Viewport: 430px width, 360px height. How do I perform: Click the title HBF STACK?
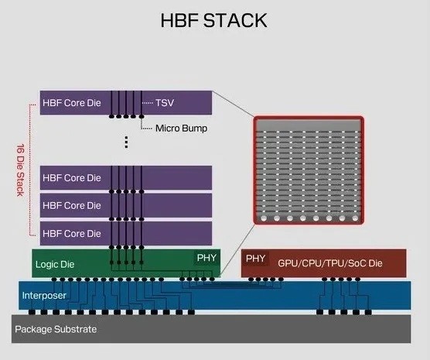[x=214, y=19]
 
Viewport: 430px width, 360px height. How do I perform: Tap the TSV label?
[x=166, y=102]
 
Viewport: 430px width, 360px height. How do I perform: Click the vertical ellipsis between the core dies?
[x=126, y=142]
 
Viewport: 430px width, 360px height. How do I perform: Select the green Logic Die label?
[x=53, y=264]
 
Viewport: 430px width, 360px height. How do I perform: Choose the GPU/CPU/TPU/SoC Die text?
[x=330, y=263]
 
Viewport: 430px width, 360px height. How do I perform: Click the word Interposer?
[x=44, y=296]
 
